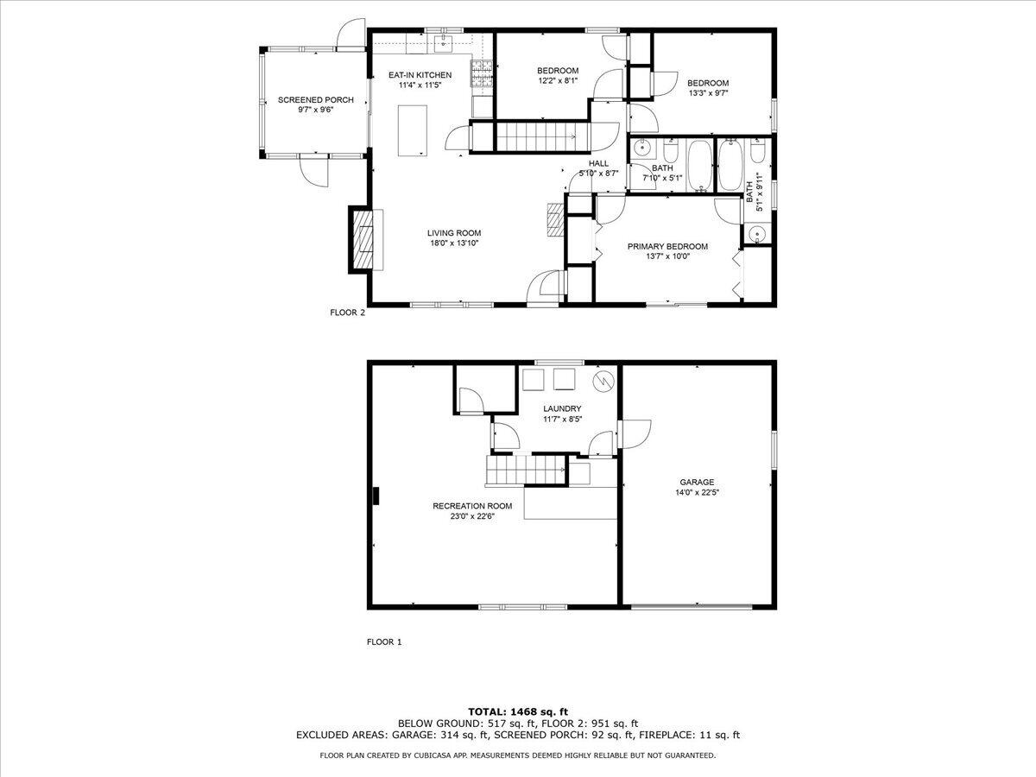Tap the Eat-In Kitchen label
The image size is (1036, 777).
(420, 75)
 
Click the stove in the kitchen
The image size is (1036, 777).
(481, 73)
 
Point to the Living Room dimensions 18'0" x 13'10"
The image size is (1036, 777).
(454, 243)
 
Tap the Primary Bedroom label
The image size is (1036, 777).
(667, 246)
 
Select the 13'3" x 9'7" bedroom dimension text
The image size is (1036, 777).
(708, 93)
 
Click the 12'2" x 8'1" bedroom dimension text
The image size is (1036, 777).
(557, 81)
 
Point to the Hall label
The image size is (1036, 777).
(598, 163)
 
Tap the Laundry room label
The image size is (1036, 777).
(561, 408)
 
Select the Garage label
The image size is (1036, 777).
(697, 483)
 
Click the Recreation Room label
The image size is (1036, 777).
(472, 506)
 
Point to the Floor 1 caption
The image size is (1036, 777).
(384, 641)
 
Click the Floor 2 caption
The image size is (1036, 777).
(347, 313)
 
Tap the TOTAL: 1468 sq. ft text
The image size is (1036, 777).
(517, 711)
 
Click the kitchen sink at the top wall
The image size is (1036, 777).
(445, 37)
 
